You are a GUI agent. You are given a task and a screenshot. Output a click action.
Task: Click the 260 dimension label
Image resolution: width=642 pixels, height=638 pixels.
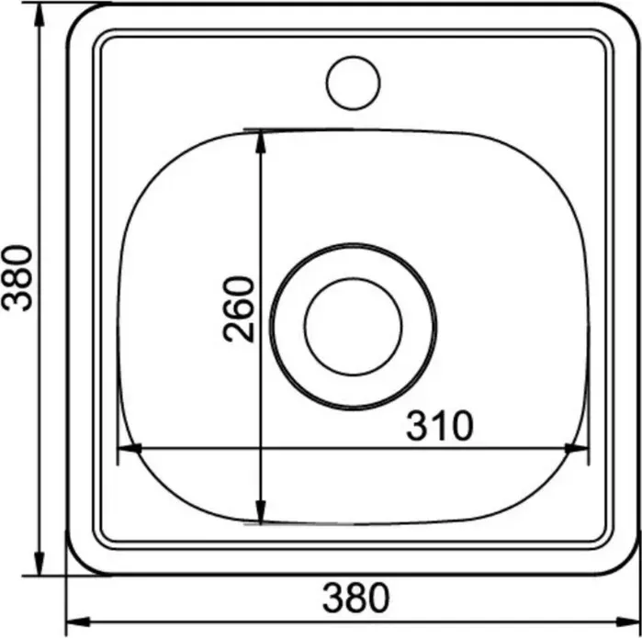click(239, 309)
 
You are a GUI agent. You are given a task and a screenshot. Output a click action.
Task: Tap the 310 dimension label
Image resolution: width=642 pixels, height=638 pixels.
click(440, 426)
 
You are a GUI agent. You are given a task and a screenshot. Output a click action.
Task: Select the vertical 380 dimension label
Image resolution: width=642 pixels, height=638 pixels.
click(17, 278)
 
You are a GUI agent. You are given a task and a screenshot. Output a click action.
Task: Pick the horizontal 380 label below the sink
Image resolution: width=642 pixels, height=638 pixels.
click(355, 598)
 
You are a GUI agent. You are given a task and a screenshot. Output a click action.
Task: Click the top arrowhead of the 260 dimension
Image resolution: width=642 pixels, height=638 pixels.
click(261, 142)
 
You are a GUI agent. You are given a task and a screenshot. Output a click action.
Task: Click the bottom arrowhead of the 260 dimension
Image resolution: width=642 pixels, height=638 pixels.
click(261, 511)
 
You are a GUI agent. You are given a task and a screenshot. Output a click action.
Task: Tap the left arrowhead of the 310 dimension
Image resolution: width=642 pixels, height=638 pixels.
click(130, 449)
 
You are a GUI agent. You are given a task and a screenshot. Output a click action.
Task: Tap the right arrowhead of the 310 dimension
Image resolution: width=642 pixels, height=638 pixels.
click(577, 449)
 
